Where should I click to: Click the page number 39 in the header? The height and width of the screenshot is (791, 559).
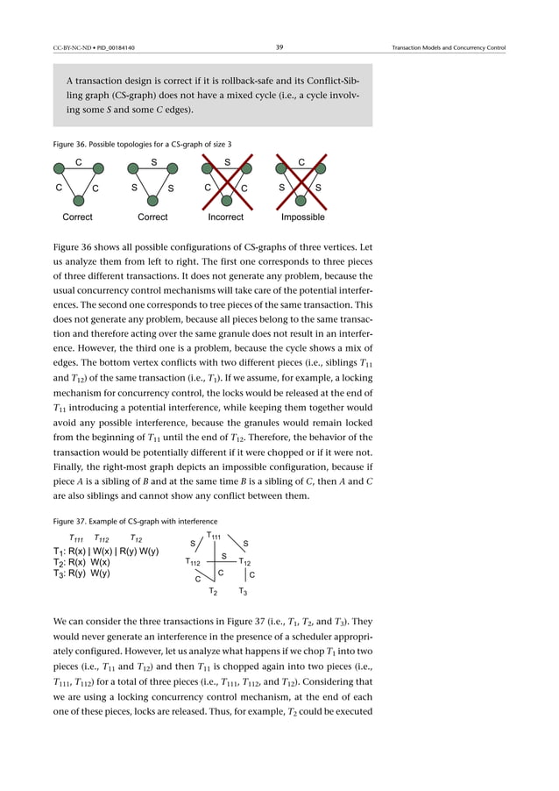279,46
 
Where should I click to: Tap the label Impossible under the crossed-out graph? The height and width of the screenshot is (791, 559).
302,217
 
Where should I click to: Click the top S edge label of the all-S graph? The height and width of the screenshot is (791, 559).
152,161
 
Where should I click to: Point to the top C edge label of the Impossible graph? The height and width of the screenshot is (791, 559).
301,161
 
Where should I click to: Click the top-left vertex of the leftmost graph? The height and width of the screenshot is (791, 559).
59,168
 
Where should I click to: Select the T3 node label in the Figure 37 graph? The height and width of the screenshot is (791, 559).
244,594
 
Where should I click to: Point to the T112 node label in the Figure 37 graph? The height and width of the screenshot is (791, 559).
194,561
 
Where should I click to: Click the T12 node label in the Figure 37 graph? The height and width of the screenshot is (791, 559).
246,561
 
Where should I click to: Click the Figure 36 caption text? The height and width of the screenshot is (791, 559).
143,144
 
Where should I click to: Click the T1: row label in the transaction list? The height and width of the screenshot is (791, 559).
61,552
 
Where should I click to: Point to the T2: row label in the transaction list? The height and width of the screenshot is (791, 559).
61,562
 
